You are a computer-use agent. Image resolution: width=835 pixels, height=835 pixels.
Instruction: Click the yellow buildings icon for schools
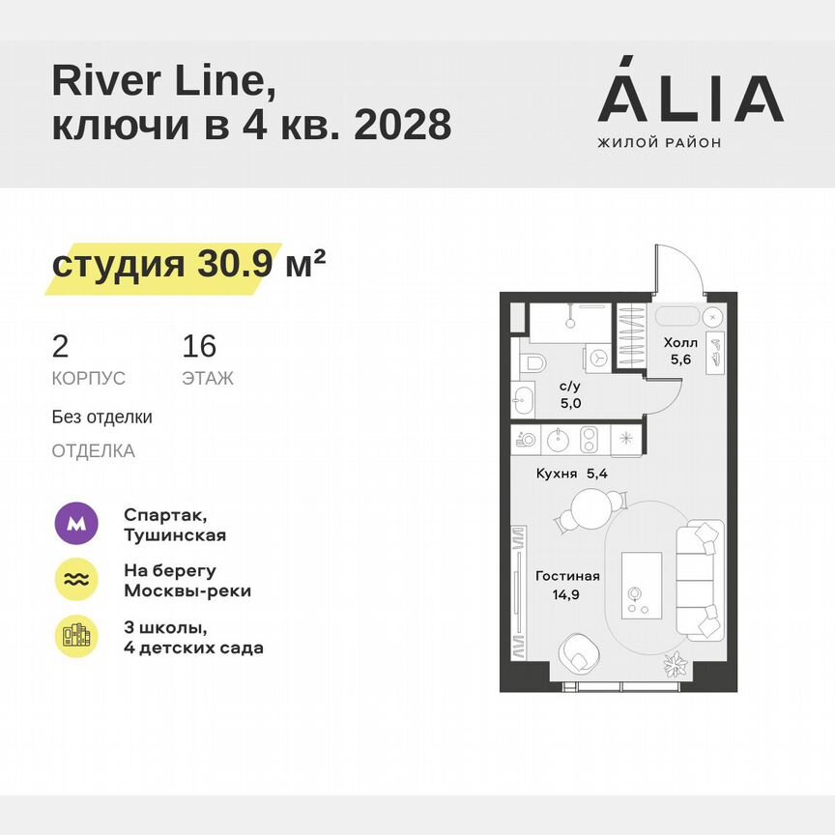[75, 636]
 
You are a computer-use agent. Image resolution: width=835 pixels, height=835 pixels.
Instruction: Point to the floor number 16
[199, 346]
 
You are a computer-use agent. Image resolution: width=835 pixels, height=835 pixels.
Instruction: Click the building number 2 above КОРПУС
[60, 346]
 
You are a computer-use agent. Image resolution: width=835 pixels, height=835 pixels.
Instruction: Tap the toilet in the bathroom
[533, 364]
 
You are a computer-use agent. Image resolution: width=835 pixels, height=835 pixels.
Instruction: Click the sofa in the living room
[700, 581]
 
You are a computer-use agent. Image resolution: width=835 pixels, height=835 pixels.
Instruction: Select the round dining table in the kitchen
[592, 508]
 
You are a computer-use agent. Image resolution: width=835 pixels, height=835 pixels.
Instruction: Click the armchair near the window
[582, 654]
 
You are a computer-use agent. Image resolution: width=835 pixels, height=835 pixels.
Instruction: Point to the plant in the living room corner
[674, 666]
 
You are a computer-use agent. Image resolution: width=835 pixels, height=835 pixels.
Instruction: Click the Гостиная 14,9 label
[567, 584]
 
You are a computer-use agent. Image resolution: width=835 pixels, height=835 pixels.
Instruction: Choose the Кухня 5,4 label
[571, 474]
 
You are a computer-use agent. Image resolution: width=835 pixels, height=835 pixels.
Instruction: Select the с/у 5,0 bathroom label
[570, 394]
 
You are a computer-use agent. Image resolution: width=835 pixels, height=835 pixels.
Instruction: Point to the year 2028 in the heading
[403, 126]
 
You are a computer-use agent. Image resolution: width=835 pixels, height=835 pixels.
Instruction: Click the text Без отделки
[102, 417]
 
